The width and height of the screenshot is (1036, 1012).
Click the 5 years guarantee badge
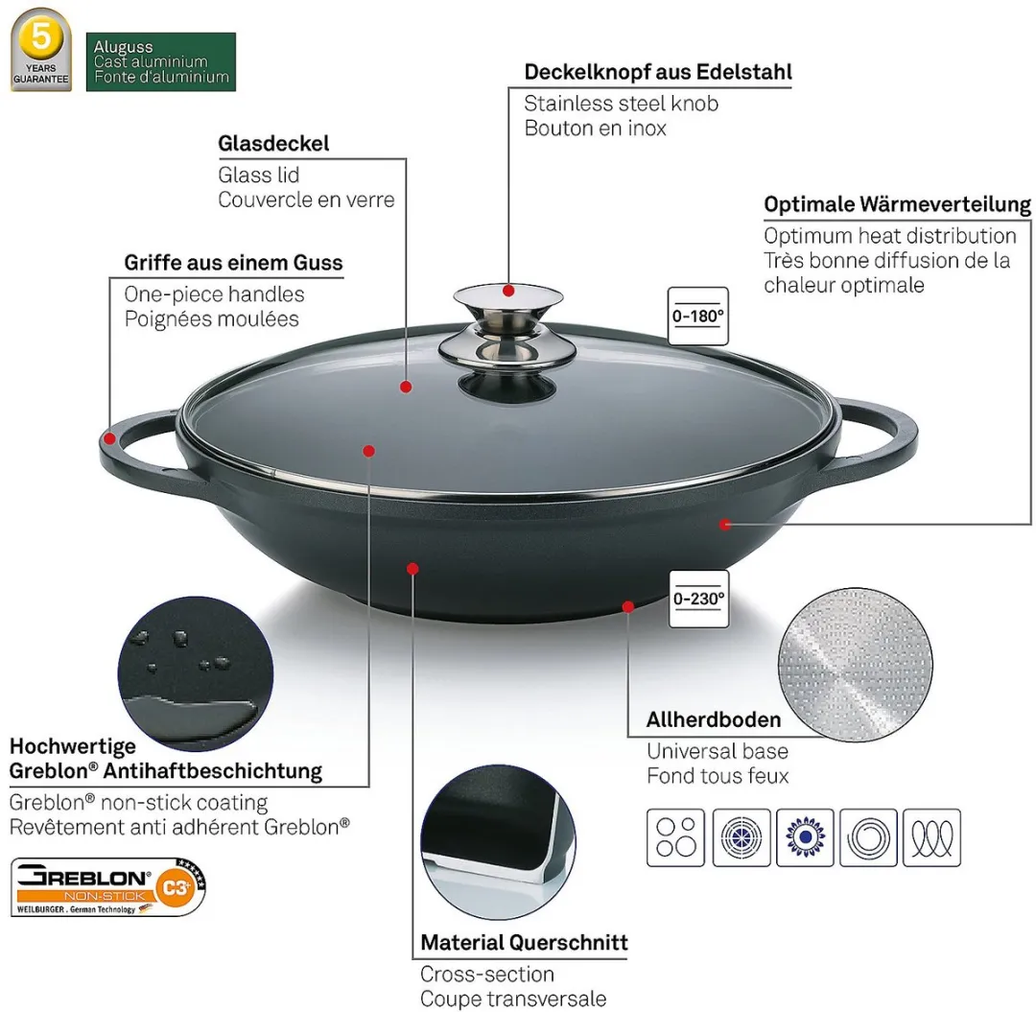point(41,50)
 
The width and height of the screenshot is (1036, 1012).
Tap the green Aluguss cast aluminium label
point(160,61)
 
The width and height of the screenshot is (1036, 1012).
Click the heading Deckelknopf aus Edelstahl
point(657,72)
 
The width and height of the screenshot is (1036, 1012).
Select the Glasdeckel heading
point(273,143)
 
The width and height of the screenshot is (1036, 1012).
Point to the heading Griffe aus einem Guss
point(233,263)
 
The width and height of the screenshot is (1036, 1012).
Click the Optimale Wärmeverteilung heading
point(897,204)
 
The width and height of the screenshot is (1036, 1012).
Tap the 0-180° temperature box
point(697,316)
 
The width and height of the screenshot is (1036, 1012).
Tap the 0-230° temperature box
point(699,599)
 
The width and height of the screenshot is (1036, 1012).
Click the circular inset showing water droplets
point(196,673)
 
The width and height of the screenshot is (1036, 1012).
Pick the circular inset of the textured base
point(856,665)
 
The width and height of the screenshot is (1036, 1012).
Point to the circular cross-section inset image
point(498,842)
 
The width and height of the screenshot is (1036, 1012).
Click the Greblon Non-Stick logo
point(108,887)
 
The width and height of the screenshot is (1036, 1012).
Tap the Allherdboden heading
point(714,720)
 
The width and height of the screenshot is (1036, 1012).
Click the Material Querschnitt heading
point(524,943)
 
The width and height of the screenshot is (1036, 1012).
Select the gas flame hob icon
point(805,837)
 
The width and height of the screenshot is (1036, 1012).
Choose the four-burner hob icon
point(676,837)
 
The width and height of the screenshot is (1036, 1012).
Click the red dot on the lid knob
point(508,291)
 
